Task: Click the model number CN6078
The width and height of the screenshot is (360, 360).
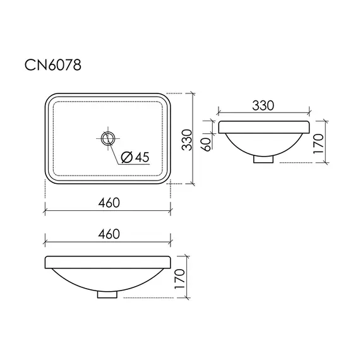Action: (x=53, y=65)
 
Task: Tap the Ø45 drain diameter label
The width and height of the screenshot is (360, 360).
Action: (x=135, y=157)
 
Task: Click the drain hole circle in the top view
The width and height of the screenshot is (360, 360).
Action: (x=108, y=138)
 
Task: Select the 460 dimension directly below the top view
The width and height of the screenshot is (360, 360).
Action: (x=109, y=203)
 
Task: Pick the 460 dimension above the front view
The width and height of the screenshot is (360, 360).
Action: (x=109, y=234)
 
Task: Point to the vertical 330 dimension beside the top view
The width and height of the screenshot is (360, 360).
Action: (x=187, y=140)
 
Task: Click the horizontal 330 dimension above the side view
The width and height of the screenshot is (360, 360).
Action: (x=263, y=105)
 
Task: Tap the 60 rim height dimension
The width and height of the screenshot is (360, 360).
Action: (x=207, y=145)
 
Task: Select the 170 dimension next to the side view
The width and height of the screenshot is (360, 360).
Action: (x=318, y=144)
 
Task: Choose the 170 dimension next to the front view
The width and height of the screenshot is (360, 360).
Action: (x=179, y=279)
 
